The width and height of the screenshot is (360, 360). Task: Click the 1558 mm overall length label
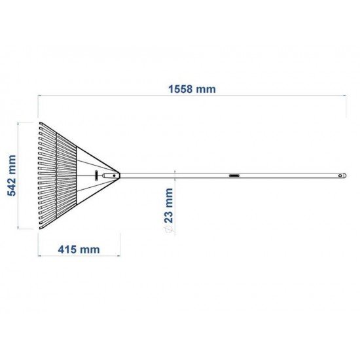[x=192, y=88]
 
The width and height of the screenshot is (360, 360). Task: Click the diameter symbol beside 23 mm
[x=169, y=230]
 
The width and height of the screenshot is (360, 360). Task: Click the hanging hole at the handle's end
[x=340, y=175]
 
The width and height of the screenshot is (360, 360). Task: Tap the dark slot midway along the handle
[x=234, y=175]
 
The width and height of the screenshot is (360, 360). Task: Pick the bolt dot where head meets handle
[x=114, y=175]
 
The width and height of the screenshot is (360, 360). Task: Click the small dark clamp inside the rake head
[x=96, y=175]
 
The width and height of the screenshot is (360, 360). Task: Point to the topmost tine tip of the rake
[x=39, y=122]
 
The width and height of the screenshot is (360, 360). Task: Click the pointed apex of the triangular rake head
[x=120, y=175]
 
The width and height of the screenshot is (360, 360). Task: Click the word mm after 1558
[x=207, y=88]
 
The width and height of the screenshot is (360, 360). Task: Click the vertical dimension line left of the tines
[x=19, y=175]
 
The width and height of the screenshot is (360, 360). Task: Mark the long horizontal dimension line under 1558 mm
[x=192, y=96]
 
